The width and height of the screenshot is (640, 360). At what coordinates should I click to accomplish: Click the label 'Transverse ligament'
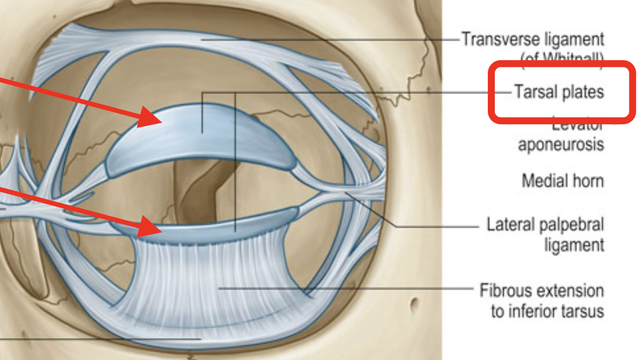[x=532, y=39]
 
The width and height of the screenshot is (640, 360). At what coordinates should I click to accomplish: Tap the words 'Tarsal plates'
[x=559, y=92]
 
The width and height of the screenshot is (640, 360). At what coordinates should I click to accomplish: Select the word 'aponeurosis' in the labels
[x=561, y=145]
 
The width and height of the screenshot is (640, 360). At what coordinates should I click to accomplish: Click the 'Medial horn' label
[x=562, y=181]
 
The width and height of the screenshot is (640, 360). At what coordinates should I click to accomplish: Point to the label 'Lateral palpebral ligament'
[x=545, y=234]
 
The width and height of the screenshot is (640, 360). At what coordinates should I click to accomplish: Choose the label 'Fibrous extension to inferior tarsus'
[x=541, y=301]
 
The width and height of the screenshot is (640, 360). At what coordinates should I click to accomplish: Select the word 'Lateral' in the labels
[x=514, y=224]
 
